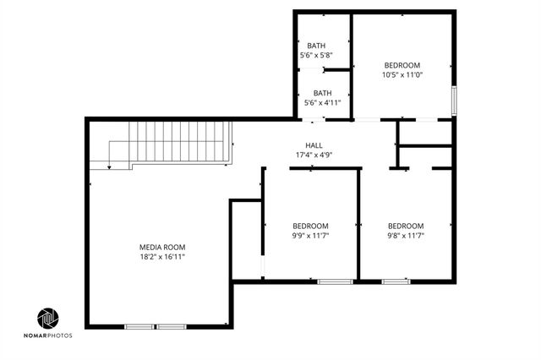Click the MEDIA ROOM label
(x=162, y=247)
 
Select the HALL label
(x=314, y=145)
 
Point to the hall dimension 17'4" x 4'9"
(x=314, y=155)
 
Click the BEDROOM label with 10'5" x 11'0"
(x=403, y=65)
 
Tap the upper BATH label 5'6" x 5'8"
(x=316, y=46)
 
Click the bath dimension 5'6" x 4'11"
(x=322, y=103)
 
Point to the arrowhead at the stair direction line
(x=109, y=167)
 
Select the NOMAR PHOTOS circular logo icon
(x=48, y=318)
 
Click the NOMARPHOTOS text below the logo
(x=48, y=335)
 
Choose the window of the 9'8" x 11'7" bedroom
(x=395, y=281)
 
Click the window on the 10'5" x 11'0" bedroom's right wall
(x=454, y=100)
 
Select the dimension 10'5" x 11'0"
(x=403, y=74)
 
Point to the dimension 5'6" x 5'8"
(x=316, y=55)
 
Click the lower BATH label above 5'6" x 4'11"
(x=322, y=93)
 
